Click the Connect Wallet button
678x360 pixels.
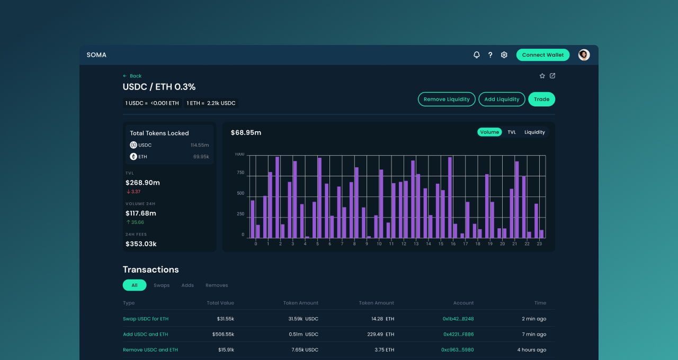(542, 55)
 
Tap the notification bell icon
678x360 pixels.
(476, 55)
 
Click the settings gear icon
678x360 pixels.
(504, 55)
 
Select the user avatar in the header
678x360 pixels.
(584, 55)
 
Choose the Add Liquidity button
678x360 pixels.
(502, 99)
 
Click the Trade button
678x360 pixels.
(541, 99)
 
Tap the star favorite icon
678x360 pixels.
(542, 76)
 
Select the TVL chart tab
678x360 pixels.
(512, 132)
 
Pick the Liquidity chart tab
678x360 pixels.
(534, 132)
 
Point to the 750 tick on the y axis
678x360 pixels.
(240, 173)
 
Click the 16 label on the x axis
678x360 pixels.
(453, 244)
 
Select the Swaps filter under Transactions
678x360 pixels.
(162, 285)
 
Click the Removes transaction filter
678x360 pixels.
(217, 285)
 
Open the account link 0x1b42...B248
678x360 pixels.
(458, 319)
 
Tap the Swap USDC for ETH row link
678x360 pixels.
(146, 319)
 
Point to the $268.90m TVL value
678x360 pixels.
(142, 183)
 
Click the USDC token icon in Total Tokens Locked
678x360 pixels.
(133, 145)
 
